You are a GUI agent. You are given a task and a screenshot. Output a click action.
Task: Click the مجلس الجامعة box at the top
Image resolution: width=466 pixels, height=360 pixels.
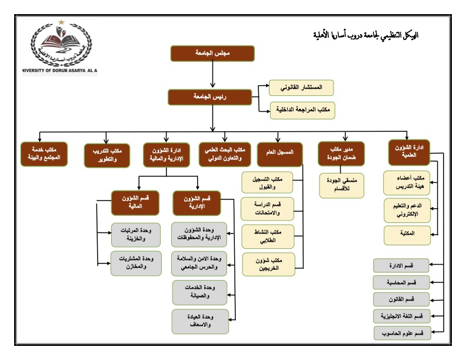212,54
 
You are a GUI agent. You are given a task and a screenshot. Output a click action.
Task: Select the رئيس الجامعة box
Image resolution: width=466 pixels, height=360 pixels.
210,97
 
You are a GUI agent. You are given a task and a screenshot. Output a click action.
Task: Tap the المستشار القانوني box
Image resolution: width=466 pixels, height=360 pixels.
301,88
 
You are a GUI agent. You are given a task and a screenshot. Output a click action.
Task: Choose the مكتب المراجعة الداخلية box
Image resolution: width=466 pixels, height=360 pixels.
302,110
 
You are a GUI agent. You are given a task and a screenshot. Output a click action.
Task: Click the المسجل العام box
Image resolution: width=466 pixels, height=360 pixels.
279,154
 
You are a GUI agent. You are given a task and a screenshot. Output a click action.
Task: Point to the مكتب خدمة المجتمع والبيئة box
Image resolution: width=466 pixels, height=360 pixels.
44,154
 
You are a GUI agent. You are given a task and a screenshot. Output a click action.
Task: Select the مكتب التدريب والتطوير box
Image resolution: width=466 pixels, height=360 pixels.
107,156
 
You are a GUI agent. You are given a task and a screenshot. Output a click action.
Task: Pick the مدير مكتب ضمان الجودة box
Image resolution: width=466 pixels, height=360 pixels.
341,154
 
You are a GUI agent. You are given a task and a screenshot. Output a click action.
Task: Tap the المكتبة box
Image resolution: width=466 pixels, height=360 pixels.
407,235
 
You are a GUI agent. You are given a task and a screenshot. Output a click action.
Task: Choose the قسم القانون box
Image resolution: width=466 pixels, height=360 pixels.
401,299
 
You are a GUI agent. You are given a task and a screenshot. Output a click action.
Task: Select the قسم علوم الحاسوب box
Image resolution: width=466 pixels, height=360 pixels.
402,334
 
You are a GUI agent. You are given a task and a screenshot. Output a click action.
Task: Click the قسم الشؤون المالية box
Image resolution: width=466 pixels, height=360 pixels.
135,203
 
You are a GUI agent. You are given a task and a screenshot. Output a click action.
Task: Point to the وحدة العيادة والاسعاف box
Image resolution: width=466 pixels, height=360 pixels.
200,321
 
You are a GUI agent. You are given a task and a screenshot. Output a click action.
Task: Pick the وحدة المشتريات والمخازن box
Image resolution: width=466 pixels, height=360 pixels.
136,264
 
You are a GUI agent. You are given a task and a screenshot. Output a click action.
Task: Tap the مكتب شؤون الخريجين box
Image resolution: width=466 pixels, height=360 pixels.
269,264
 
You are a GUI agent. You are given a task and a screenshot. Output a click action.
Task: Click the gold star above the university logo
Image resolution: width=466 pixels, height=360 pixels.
61,22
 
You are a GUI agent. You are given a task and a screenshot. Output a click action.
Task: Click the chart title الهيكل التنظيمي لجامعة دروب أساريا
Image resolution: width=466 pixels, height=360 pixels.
366,36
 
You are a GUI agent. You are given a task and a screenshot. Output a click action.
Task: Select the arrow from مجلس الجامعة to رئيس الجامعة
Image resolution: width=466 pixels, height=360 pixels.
212,75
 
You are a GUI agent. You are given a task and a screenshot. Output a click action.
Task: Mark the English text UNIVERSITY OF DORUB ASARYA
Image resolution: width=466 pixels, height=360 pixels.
60,71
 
